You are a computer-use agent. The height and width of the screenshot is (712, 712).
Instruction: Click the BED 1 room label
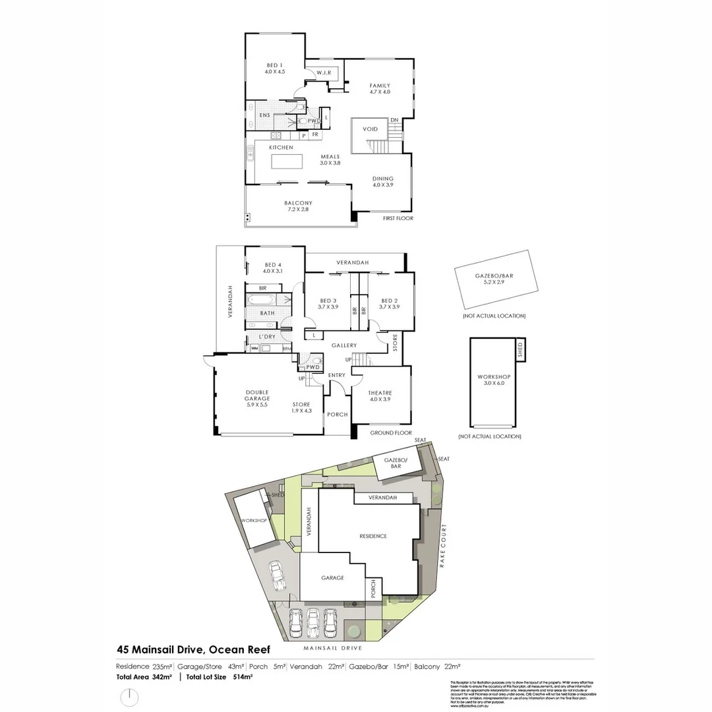point(274,68)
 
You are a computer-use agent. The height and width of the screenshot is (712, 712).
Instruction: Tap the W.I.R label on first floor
point(323,73)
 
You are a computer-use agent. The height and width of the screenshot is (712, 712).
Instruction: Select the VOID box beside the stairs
point(370,130)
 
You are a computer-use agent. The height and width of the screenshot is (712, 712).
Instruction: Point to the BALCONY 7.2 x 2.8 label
point(297,206)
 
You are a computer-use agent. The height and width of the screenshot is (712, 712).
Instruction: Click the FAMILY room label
point(379,88)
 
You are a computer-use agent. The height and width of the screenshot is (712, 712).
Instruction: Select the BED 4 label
point(272,267)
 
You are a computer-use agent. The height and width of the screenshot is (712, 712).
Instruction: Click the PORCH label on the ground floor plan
point(338,415)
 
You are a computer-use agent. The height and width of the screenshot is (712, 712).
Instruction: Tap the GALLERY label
point(344,345)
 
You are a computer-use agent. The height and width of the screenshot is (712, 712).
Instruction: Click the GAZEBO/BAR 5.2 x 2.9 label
point(496,280)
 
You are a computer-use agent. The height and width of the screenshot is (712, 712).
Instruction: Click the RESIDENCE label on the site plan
point(372,536)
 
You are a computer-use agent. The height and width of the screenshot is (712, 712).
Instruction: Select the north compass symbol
point(131,696)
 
